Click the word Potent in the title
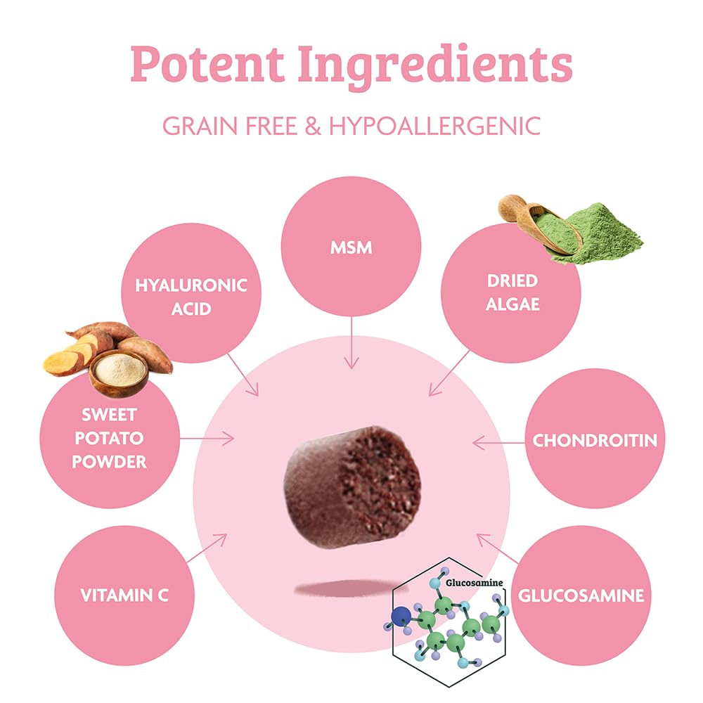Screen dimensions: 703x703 (207, 63)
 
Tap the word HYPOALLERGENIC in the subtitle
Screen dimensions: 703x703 (434, 126)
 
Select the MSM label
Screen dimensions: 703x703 (351, 247)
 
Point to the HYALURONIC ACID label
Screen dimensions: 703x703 (191, 297)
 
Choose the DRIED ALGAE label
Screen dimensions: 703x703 (512, 292)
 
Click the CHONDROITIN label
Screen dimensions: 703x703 (595, 440)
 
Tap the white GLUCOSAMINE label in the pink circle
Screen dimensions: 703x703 (581, 595)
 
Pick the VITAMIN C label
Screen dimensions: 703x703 (124, 595)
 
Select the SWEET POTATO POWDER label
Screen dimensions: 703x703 (110, 438)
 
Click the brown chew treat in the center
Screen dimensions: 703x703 (352, 487)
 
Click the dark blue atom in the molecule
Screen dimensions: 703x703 (401, 617)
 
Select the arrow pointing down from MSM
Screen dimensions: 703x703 (351, 342)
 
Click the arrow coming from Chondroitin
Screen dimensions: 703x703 (498, 443)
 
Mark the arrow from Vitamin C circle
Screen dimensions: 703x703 (207, 548)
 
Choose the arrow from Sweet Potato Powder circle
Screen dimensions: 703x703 (207, 438)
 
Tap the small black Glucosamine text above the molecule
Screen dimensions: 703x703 (474, 583)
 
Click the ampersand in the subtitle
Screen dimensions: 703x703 (313, 126)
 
